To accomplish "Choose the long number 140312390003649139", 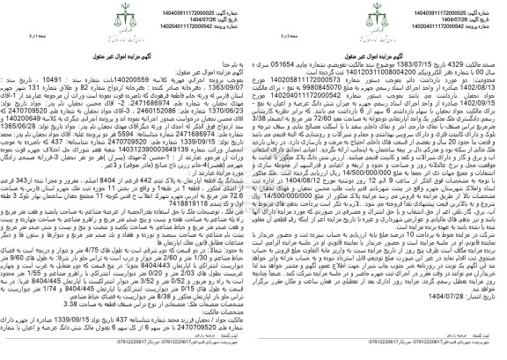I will click(388, 173).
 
